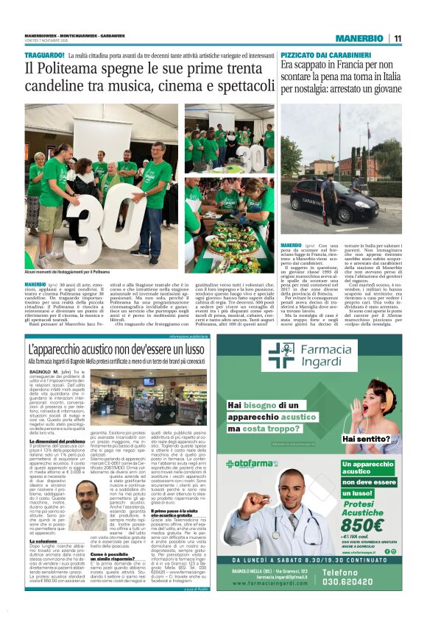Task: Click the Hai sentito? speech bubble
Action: (x=382, y=440)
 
